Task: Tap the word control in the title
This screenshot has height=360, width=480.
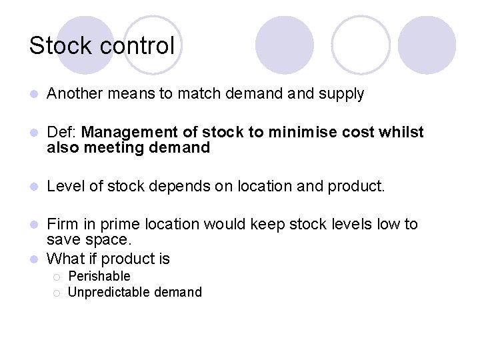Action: click(x=135, y=46)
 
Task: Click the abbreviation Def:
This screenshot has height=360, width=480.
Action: click(x=61, y=133)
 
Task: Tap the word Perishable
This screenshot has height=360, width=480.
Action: click(x=99, y=276)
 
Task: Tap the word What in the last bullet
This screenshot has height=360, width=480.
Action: click(x=65, y=259)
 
